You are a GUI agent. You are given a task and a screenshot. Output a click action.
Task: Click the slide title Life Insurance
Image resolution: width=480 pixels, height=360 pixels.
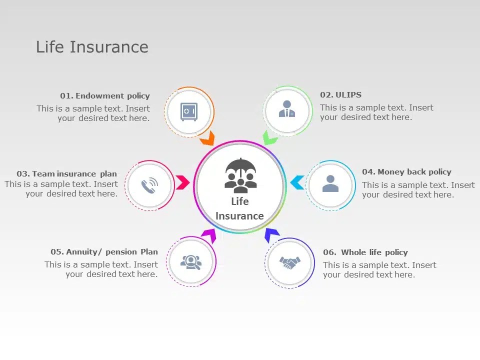92,47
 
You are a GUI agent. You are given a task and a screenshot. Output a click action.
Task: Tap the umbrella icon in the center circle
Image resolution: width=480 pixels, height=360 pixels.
240,175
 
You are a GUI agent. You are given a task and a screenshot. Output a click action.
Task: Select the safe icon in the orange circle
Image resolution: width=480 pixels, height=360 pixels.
189,112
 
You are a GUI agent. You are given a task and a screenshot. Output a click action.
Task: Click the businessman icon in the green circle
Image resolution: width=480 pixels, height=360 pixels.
287,109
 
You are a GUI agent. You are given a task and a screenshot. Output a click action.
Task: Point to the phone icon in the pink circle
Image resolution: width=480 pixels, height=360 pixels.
149,185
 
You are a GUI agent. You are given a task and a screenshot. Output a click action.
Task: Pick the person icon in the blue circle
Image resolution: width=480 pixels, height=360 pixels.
330,184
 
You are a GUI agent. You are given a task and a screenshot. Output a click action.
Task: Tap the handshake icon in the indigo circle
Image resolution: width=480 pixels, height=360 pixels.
290,262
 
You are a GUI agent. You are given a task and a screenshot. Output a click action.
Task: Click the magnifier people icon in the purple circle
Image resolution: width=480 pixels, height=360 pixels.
191,261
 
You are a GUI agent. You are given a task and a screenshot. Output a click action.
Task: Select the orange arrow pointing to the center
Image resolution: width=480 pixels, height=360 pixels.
208,138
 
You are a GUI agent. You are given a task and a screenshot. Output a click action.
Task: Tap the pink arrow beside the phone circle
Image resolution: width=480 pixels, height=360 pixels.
182,182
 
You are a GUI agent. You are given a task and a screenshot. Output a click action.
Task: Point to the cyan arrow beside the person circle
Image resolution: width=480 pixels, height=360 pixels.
297,182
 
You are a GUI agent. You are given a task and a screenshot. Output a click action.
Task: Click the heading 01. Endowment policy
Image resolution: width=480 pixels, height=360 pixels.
105,96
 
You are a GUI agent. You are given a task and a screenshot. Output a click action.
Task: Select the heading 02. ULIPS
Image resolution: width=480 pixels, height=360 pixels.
340,95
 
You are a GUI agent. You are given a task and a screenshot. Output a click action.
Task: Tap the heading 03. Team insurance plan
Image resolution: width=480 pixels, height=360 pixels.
66,174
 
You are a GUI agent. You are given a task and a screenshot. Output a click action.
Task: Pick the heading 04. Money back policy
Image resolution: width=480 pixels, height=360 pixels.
406,172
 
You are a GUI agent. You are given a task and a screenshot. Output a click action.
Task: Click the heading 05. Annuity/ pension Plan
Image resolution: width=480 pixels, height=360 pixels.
104,252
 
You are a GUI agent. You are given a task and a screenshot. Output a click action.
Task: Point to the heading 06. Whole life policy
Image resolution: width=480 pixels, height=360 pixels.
365,252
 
